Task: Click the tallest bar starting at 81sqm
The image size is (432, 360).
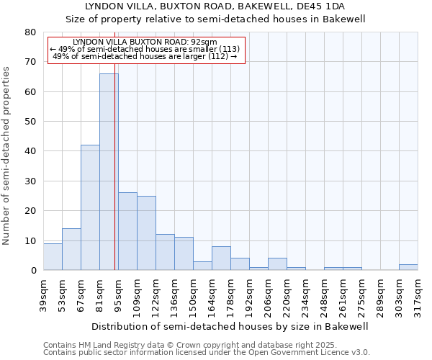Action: (x=109, y=172)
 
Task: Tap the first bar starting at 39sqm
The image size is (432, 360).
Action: (x=53, y=256)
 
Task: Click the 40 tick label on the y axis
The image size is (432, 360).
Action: (x=30, y=151)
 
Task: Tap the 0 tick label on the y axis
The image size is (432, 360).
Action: (x=33, y=271)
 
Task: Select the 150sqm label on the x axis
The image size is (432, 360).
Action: (x=194, y=294)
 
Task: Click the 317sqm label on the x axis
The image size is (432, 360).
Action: (x=418, y=294)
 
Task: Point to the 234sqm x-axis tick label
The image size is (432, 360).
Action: (x=306, y=294)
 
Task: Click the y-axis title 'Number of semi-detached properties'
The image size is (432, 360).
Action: (x=7, y=156)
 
